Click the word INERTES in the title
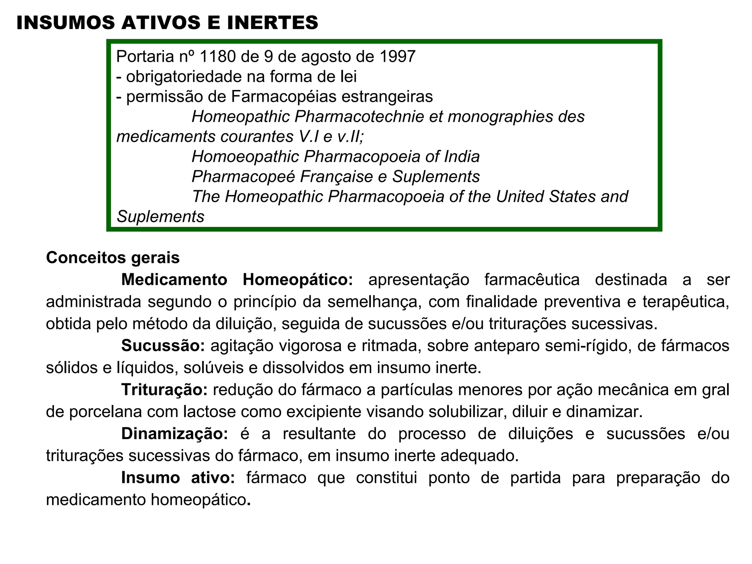pyautogui.click(x=272, y=23)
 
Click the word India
pyautogui.click(x=462, y=157)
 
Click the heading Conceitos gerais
pyautogui.click(x=113, y=258)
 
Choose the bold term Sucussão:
pyautogui.click(x=163, y=346)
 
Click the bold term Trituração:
pyautogui.click(x=164, y=390)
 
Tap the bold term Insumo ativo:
pyautogui.click(x=178, y=478)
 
